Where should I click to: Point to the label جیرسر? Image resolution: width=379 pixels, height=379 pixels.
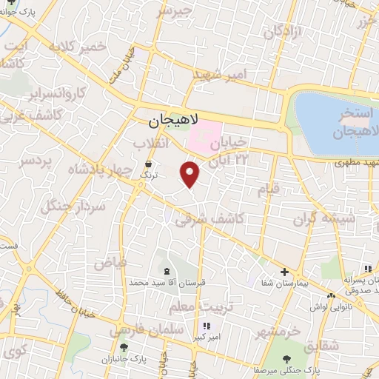[x=175, y=12]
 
